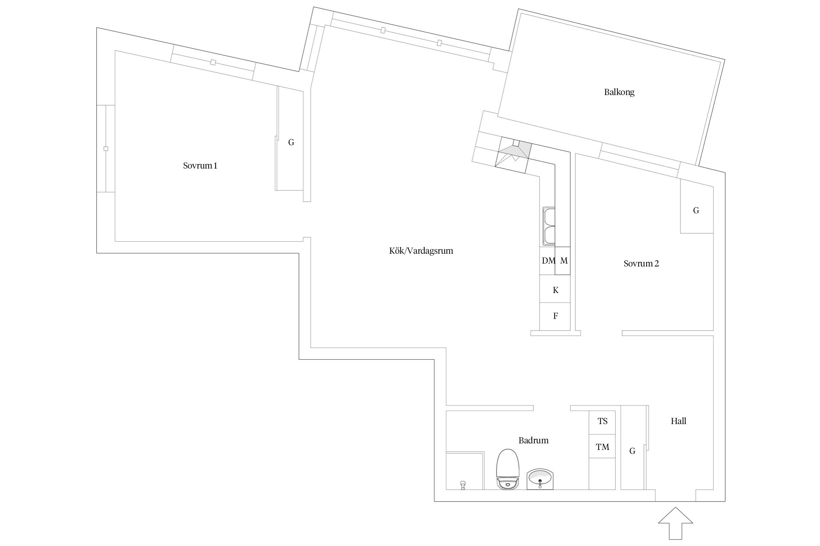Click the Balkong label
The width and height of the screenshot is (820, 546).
click(x=619, y=92)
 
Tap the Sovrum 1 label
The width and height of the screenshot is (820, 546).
click(x=200, y=166)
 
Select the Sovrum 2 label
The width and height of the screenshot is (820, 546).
click(x=641, y=264)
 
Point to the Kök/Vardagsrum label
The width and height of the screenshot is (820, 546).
click(x=421, y=251)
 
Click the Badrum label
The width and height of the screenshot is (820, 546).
click(x=534, y=440)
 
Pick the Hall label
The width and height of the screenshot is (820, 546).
click(x=679, y=421)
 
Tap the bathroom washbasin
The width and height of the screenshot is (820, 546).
click(x=540, y=479)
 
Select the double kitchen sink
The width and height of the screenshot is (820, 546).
click(x=549, y=226)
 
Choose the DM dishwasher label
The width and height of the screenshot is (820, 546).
click(x=548, y=261)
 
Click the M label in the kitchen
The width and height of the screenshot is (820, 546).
click(x=564, y=261)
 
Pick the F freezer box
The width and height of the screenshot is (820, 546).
click(x=555, y=316)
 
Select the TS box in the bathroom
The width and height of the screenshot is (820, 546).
click(x=602, y=422)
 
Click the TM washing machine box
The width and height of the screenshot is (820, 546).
click(x=602, y=446)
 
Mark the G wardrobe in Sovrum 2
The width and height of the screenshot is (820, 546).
click(x=696, y=210)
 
